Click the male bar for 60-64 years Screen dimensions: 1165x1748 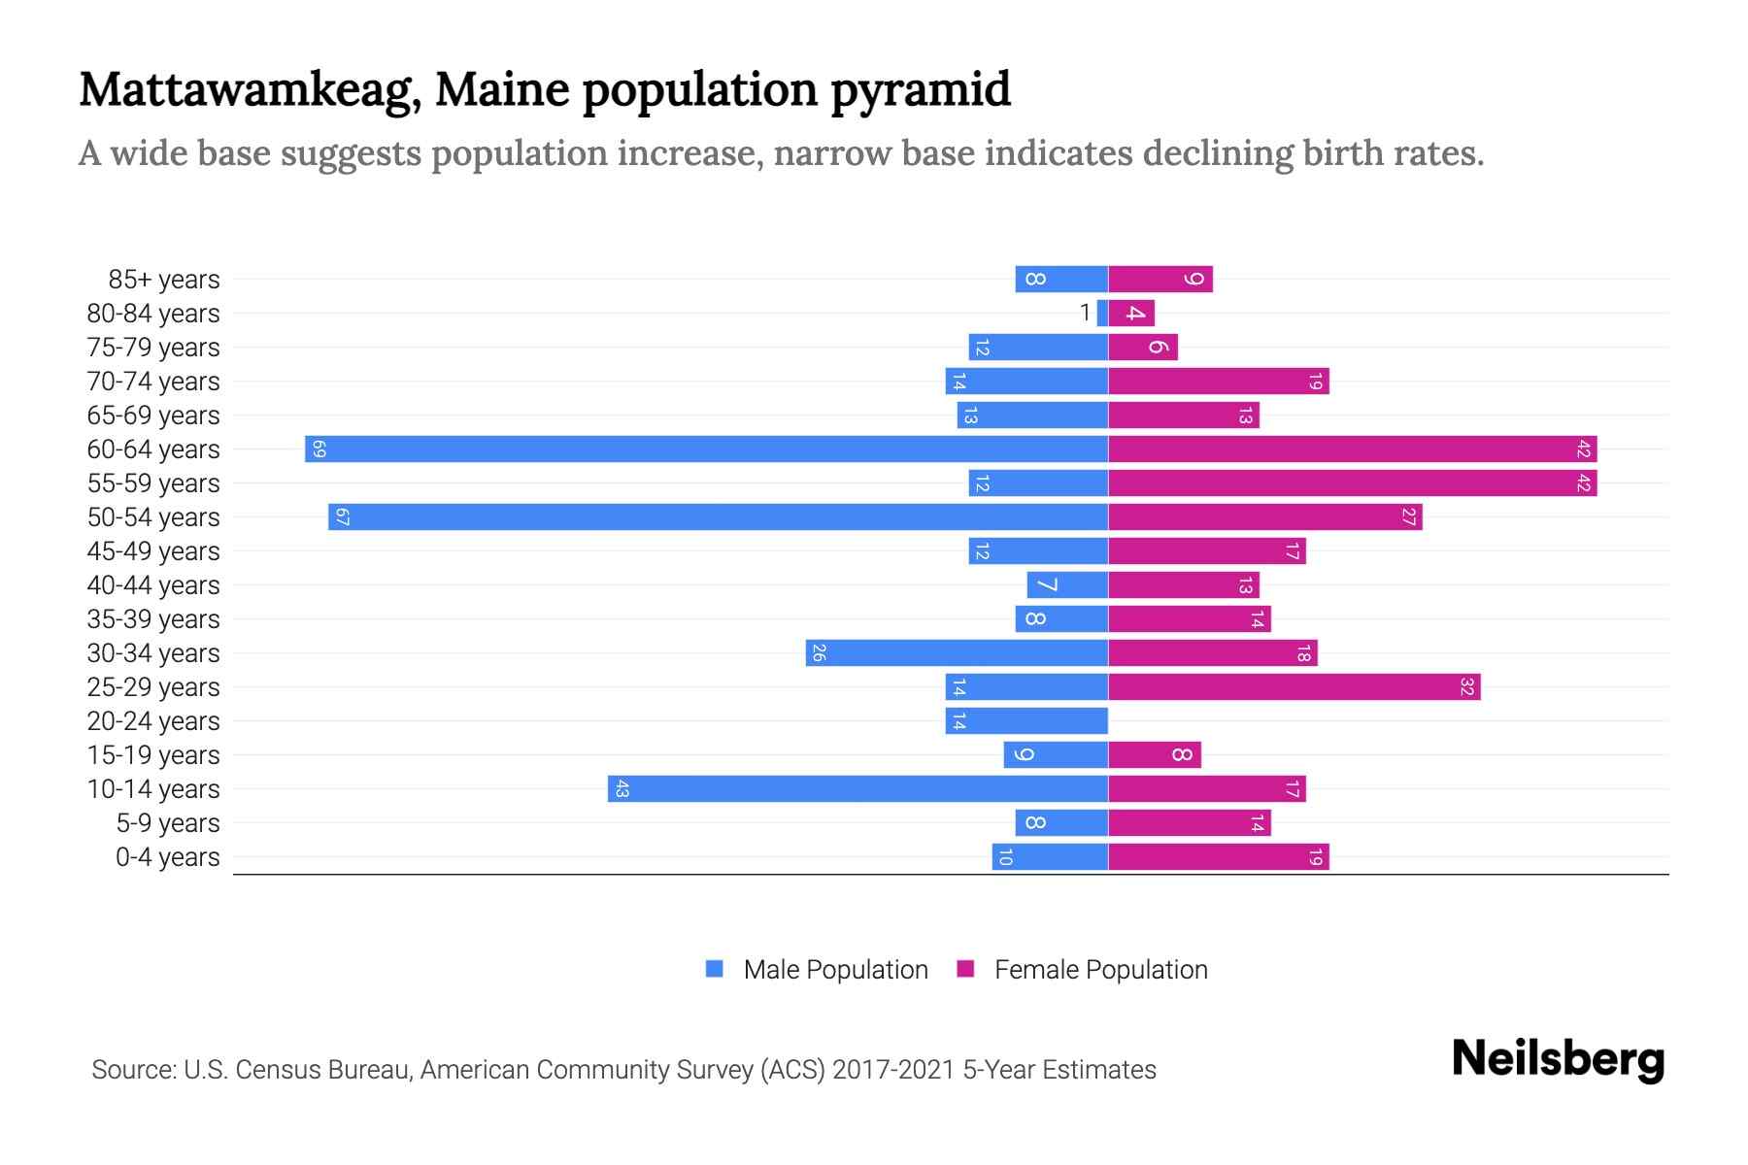pyautogui.click(x=706, y=449)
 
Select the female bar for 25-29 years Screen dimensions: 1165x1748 pyautogui.click(x=1294, y=687)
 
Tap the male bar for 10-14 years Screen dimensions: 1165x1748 pyautogui.click(x=857, y=789)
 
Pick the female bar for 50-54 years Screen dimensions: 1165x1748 pyautogui.click(x=1264, y=517)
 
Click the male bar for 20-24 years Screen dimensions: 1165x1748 pyautogui.click(x=1026, y=721)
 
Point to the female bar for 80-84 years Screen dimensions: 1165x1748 pyautogui.click(x=1131, y=314)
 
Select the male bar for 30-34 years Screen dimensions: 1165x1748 pyautogui.click(x=957, y=653)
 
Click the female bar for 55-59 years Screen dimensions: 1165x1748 pyautogui.click(x=1352, y=483)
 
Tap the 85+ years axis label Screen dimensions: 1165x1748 pyautogui.click(x=163, y=280)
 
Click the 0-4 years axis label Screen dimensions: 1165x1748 pyautogui.click(x=167, y=857)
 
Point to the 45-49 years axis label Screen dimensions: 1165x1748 pyautogui.click(x=153, y=551)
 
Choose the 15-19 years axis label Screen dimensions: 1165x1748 pyautogui.click(x=153, y=755)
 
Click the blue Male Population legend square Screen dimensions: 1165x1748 pyautogui.click(x=715, y=969)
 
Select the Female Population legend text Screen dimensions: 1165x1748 pyautogui.click(x=1100, y=970)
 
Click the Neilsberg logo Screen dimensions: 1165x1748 pyautogui.click(x=1558, y=1059)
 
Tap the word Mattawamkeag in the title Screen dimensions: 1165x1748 pyautogui.click(x=250, y=90)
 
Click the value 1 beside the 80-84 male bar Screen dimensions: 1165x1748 pyautogui.click(x=1085, y=314)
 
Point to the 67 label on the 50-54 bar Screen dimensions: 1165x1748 pyautogui.click(x=342, y=517)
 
